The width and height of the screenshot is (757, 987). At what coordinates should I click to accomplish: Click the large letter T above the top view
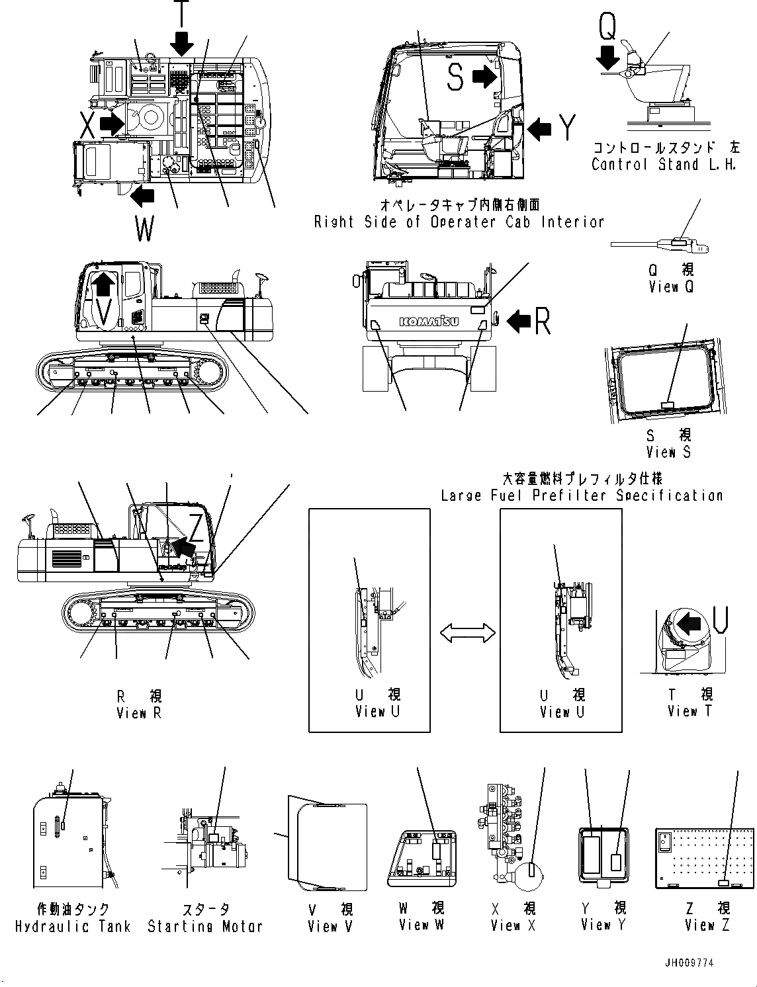(x=181, y=12)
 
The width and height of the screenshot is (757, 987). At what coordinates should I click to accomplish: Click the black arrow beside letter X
(x=112, y=122)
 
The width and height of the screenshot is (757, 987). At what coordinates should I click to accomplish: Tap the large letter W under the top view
(x=144, y=229)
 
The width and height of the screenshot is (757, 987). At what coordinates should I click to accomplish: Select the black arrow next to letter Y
(x=539, y=128)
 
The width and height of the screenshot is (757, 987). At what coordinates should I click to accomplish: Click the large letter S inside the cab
(x=455, y=77)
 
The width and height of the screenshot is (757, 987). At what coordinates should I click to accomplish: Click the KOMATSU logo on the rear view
(x=428, y=322)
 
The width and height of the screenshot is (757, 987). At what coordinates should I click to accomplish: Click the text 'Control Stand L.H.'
(x=664, y=165)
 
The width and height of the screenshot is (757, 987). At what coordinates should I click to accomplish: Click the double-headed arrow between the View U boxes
(x=467, y=633)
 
